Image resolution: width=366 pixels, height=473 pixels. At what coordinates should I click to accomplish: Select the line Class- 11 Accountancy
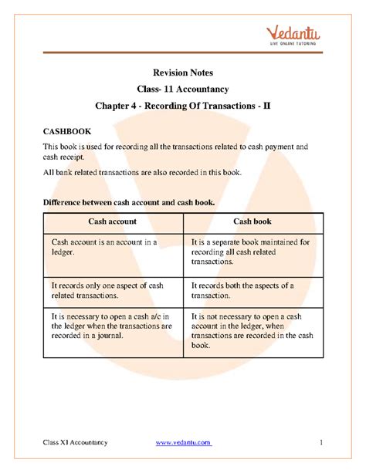click(182, 90)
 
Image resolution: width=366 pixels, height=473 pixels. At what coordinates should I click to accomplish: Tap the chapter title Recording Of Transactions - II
click(182, 108)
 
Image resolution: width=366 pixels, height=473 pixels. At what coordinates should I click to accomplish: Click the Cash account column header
click(112, 221)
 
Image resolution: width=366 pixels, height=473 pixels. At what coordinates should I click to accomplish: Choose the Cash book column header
click(253, 221)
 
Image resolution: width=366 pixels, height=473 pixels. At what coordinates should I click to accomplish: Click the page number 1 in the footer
click(319, 442)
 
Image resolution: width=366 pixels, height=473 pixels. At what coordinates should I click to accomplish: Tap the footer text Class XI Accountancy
click(75, 442)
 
